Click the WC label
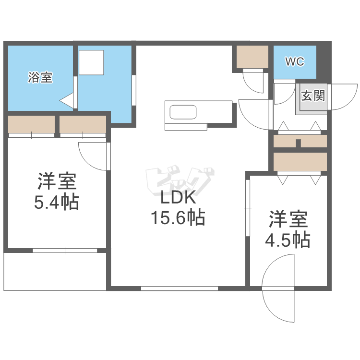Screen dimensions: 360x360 pos(295,61)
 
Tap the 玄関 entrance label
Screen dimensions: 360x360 pos(312,95)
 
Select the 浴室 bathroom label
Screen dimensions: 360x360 pos(40,77)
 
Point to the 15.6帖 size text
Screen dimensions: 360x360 pos(178,218)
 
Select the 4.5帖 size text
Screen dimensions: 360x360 pos(288,239)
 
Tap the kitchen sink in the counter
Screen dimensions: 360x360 pos(183,113)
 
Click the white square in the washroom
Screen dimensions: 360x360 pos(91,62)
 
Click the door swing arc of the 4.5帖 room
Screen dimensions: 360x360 pos(278,288)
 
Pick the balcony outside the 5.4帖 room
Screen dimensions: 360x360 pos(55,271)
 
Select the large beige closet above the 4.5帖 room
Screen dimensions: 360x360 pos(300,161)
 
